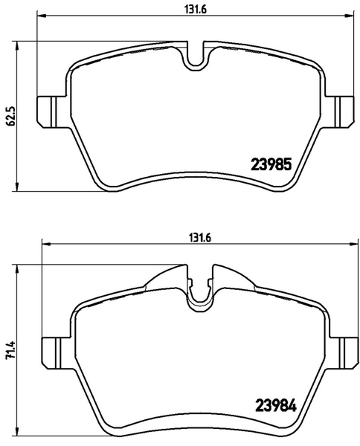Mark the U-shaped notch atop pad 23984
(x=200, y=293)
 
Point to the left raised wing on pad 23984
(x=167, y=277)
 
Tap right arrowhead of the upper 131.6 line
(x=352, y=16)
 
